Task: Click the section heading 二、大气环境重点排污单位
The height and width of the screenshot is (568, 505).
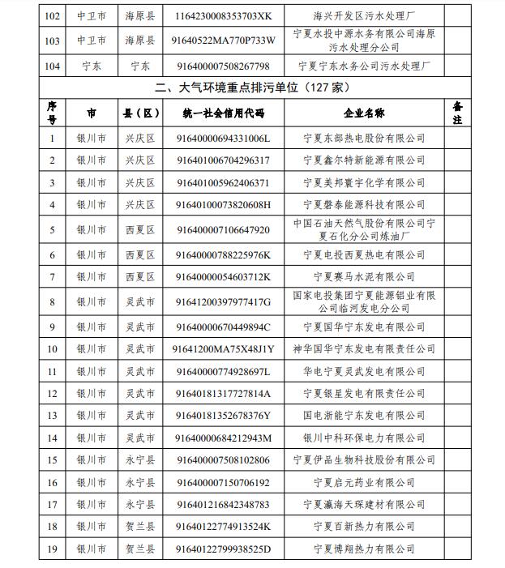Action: click(251, 87)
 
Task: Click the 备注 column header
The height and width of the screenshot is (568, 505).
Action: click(457, 113)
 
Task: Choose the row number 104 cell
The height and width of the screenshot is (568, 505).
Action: click(53, 65)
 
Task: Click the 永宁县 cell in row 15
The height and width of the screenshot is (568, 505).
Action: click(139, 460)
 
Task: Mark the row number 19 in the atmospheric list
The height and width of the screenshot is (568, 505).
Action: click(53, 549)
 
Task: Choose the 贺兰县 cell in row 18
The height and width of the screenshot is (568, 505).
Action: click(139, 527)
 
